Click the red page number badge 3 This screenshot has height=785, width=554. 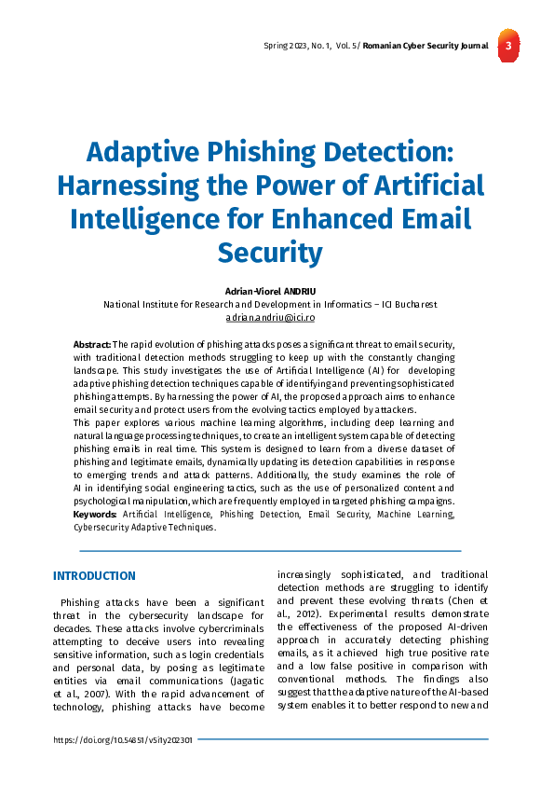(507, 47)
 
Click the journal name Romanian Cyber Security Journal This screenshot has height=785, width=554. (425, 46)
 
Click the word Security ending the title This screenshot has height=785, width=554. (270, 252)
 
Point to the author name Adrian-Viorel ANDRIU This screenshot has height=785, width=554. (270, 291)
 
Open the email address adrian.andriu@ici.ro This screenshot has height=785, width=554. (270, 318)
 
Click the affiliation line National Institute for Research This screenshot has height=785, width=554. (270, 304)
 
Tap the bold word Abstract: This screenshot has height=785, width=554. (92, 345)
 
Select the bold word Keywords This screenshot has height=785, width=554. (94, 514)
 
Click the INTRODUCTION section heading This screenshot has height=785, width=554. (94, 576)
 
